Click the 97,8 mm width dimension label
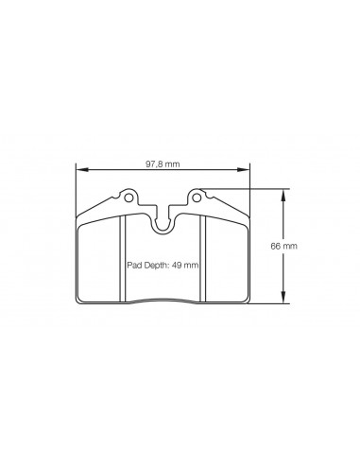(163, 164)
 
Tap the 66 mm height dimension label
(283, 246)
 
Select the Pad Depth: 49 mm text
(163, 266)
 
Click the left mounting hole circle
(129, 198)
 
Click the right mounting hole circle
(197, 198)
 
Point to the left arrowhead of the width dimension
(81, 170)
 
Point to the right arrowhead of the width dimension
(243, 170)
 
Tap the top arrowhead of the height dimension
(283, 195)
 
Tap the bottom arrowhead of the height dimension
(283, 298)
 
